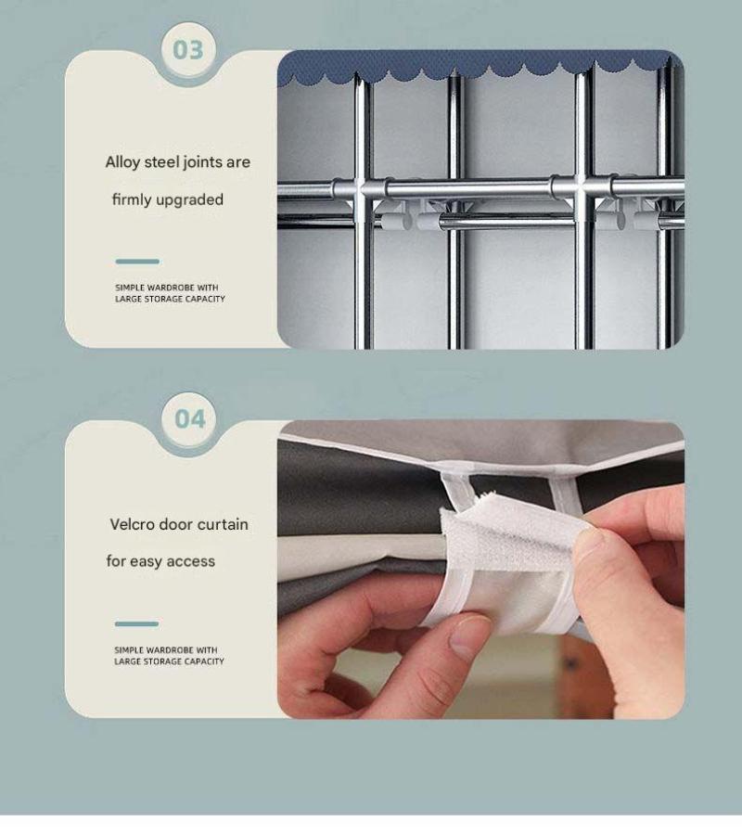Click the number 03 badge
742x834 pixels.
[188, 50]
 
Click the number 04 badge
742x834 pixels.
[189, 419]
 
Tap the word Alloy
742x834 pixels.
[122, 162]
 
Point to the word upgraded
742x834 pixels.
[189, 200]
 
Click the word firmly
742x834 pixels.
[132, 200]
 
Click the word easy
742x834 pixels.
[146, 561]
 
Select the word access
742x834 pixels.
[190, 561]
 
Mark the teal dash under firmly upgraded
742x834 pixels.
[137, 262]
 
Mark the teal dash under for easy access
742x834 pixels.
[136, 624]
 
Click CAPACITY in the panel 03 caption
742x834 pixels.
[205, 300]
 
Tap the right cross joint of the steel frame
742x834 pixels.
[583, 188]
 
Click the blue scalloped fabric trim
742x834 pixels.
[479, 67]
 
